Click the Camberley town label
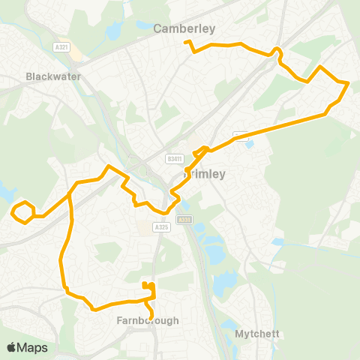184,29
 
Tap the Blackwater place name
47,76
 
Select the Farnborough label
148,320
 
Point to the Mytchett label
256,333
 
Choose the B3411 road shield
175,158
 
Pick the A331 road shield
184,220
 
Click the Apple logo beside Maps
12,347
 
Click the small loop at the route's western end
23,211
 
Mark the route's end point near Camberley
187,43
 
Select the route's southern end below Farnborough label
152,315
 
